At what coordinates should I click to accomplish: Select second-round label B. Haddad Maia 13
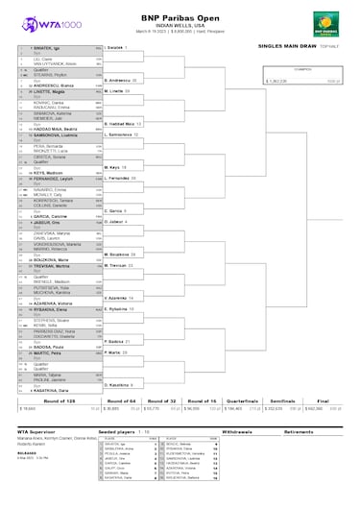click(123, 124)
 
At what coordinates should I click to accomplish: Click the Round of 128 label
click(40, 399)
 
